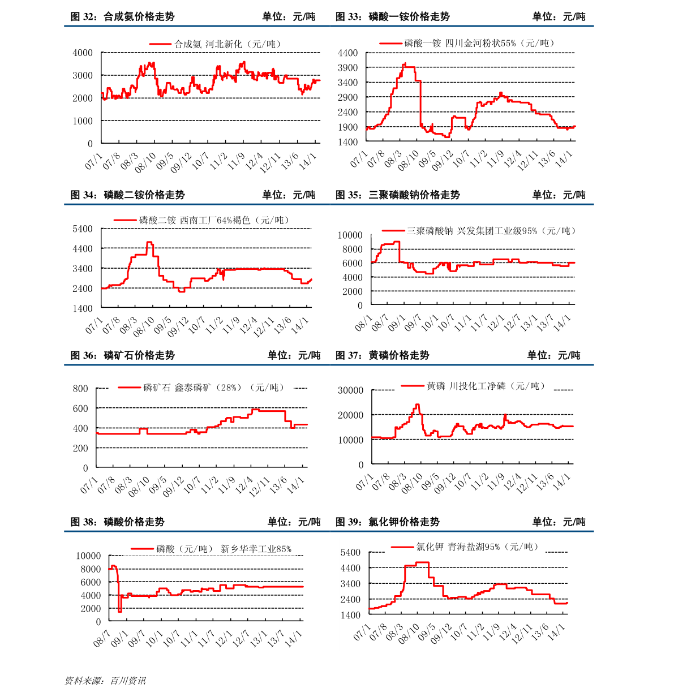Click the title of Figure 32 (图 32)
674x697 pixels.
[x=122, y=16]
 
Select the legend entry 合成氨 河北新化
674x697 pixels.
[x=215, y=44]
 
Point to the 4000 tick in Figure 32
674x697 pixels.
[x=83, y=53]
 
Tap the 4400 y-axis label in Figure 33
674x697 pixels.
[x=347, y=53]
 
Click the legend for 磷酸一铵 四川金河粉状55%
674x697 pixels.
[x=467, y=44]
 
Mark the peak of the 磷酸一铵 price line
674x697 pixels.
[x=405, y=64]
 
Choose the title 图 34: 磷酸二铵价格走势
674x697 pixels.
[x=127, y=195]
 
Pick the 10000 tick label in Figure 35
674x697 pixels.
[x=350, y=235]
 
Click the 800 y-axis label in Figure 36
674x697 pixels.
[x=80, y=389]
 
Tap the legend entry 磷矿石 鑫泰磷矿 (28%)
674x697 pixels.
[x=201, y=387]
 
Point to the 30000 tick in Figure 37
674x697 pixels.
[x=350, y=390]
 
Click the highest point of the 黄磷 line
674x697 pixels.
[x=417, y=405]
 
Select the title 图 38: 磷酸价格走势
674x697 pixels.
[x=117, y=522]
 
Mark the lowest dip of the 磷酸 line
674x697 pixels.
[x=119, y=612]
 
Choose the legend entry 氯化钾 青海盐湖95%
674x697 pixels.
[x=465, y=547]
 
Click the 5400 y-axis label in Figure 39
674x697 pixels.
[x=350, y=552]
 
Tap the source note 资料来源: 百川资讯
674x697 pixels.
[x=105, y=681]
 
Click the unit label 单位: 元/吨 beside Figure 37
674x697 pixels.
[x=553, y=355]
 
